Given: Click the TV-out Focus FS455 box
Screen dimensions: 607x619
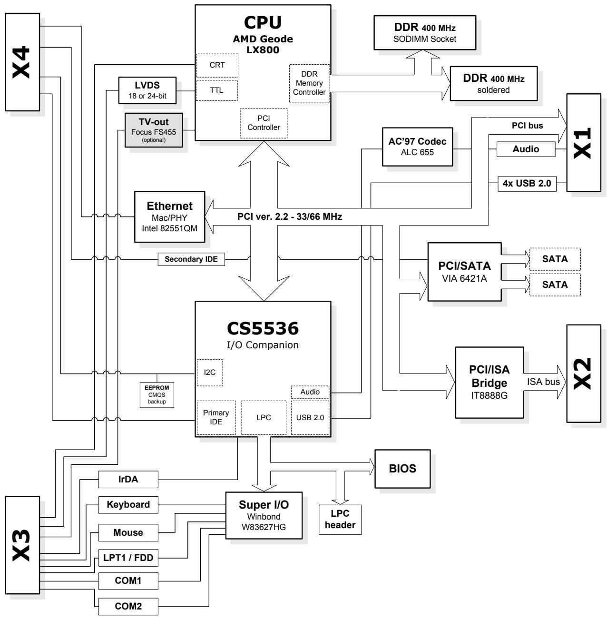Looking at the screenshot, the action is click(x=154, y=130).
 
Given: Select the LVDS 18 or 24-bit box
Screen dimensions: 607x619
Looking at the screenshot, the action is click(x=147, y=90).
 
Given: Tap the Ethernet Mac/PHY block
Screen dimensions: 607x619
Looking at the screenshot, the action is click(x=169, y=217).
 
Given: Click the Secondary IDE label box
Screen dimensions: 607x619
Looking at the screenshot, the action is click(x=191, y=259).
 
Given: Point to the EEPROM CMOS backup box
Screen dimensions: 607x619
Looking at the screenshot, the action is click(x=157, y=395).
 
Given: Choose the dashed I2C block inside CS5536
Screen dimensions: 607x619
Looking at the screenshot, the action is click(x=210, y=373).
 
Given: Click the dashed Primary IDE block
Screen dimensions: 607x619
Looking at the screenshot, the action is click(x=216, y=418).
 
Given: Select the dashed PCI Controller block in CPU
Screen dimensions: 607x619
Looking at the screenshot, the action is click(x=264, y=123).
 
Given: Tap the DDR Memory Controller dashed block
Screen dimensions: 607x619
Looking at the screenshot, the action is click(x=309, y=84).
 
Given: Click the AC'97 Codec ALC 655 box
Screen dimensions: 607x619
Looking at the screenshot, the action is click(x=417, y=147).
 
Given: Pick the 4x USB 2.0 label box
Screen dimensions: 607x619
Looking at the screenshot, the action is click(x=527, y=184).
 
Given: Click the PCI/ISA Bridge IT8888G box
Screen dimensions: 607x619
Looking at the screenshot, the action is click(x=489, y=382).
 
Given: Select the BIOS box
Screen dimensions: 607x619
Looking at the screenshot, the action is click(x=402, y=469).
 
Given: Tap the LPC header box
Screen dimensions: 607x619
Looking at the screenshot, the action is click(x=340, y=520).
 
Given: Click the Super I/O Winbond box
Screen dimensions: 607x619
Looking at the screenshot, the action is click(x=264, y=515).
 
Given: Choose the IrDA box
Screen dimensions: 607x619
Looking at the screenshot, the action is click(x=128, y=479).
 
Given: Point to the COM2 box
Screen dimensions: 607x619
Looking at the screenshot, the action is click(x=128, y=606).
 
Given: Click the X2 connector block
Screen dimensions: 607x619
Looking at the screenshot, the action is click(x=584, y=373).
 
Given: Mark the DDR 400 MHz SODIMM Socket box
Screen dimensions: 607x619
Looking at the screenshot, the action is click(x=425, y=32).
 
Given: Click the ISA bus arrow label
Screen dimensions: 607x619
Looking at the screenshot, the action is click(x=543, y=382).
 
